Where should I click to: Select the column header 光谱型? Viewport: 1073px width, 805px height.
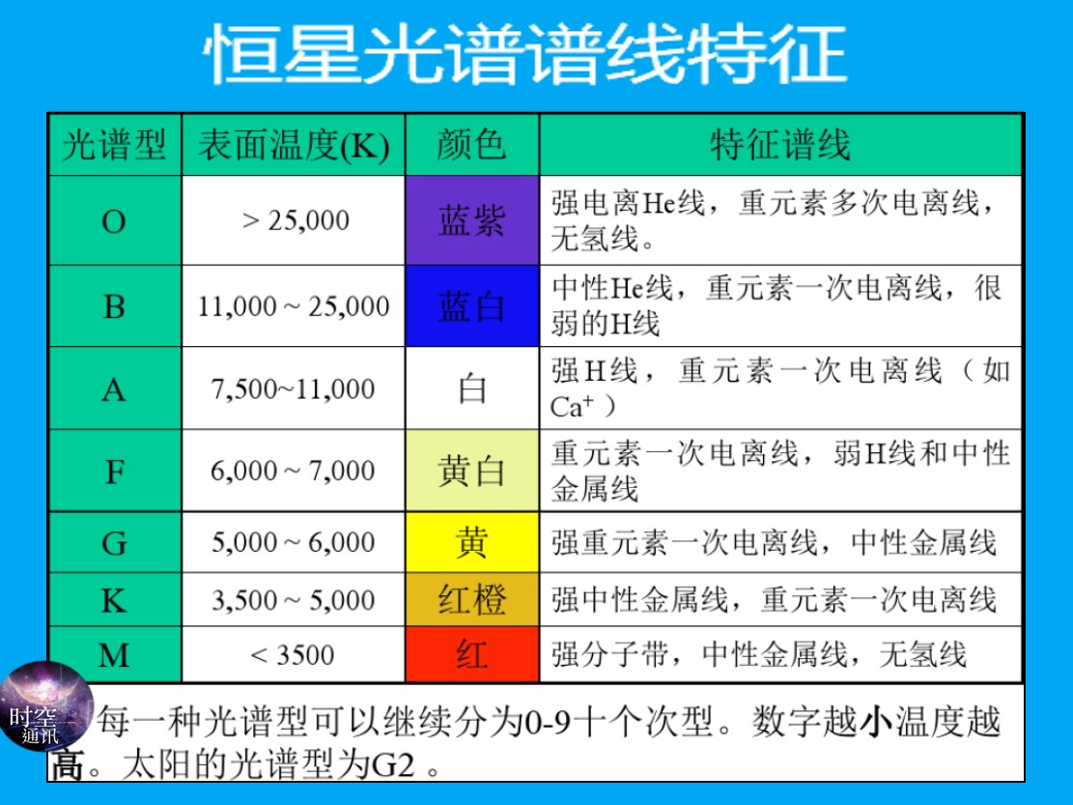(114, 145)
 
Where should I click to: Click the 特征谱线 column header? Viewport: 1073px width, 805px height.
(780, 145)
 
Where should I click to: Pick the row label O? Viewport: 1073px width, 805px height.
(114, 221)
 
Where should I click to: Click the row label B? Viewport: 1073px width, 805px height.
(114, 306)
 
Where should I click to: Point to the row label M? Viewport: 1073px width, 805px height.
(114, 655)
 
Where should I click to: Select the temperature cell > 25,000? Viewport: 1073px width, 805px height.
(296, 220)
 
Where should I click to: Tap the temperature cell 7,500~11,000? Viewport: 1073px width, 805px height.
(293, 388)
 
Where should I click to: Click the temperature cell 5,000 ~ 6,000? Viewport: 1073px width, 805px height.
(293, 542)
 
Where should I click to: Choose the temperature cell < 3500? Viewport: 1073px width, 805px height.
(293, 655)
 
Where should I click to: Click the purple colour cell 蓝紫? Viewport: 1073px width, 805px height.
(472, 220)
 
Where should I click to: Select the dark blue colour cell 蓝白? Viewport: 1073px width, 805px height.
(472, 306)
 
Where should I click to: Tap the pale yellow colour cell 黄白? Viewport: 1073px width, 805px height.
(472, 471)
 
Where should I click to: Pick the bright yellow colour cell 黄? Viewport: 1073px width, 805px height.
(472, 542)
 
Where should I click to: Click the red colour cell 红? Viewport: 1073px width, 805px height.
(472, 655)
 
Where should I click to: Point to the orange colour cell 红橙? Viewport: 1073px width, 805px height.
(472, 599)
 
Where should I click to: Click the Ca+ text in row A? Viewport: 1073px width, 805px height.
(572, 407)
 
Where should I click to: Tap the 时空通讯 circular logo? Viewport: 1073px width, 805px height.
(45, 706)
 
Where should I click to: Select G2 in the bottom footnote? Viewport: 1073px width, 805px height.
(393, 764)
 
